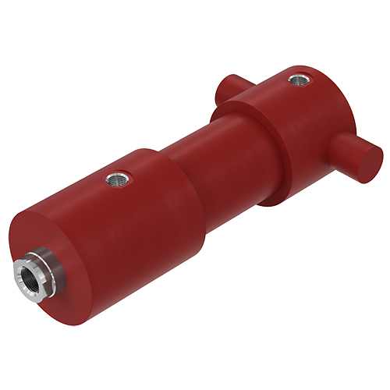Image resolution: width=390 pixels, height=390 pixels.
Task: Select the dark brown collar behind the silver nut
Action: coord(48,266)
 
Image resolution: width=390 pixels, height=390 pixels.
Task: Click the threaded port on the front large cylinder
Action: coord(116,179)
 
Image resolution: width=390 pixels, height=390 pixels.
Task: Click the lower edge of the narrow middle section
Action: coord(234,192)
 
